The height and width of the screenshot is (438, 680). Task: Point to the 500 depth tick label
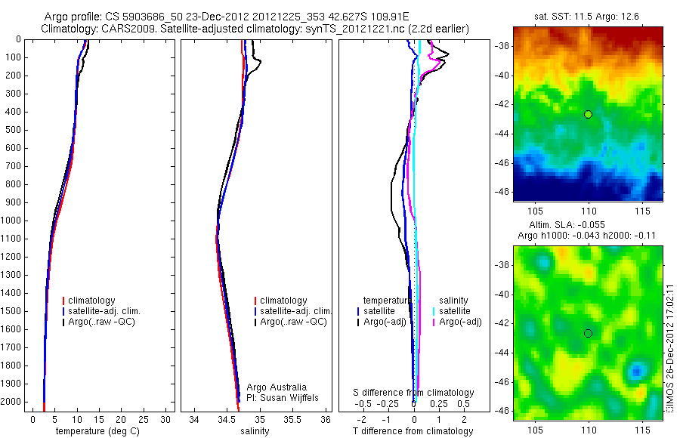[14, 130]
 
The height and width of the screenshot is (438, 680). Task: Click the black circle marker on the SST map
[588, 114]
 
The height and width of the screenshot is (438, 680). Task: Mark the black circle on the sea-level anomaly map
[588, 333]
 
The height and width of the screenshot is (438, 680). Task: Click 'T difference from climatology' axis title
[413, 431]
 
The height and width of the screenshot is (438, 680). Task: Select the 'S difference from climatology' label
[414, 393]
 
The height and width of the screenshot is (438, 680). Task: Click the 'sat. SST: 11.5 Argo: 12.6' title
[588, 16]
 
